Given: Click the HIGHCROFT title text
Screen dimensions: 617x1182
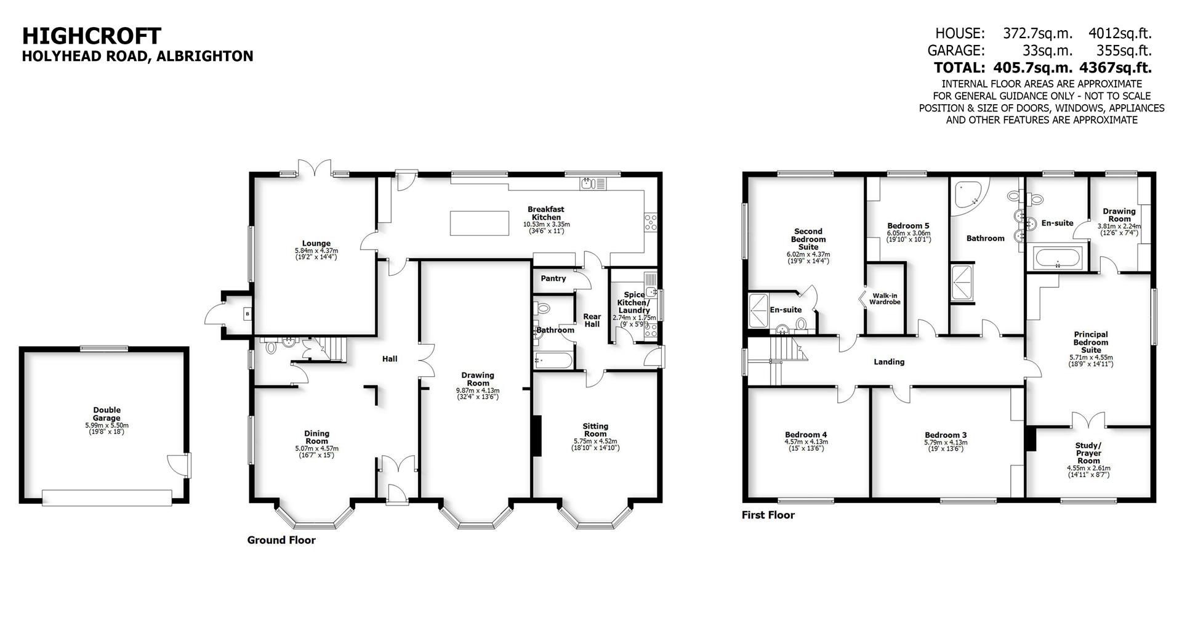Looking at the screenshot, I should [x=92, y=36].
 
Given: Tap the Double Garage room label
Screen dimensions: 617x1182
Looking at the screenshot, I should [x=107, y=414].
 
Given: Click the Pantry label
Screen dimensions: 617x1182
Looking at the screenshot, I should [x=553, y=278].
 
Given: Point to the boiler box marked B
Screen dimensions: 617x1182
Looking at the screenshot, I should [x=247, y=315].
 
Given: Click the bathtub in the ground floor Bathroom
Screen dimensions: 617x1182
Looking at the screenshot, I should [x=553, y=360].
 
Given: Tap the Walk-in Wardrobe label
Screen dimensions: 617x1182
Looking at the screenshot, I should [x=885, y=299].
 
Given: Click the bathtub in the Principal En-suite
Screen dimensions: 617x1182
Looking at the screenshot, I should [x=1057, y=259].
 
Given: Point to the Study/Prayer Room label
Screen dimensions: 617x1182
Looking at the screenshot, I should [x=1088, y=453].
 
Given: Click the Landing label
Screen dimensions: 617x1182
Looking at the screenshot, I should [x=889, y=361].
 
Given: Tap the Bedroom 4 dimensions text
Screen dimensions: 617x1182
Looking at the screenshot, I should [x=806, y=445].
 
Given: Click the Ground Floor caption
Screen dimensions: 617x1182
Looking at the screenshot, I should [x=281, y=540].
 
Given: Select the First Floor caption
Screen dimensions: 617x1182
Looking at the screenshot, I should [x=768, y=515].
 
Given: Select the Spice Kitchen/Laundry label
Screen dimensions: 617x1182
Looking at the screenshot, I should [x=634, y=302].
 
